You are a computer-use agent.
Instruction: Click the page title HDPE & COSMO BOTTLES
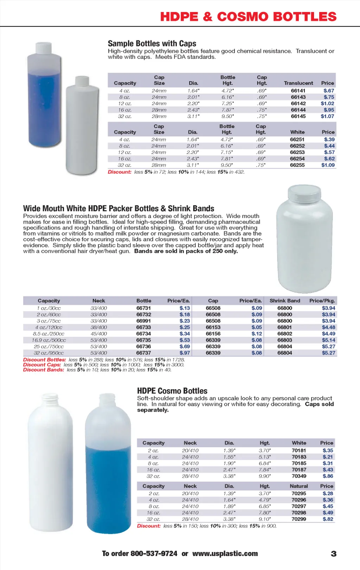point(248,17)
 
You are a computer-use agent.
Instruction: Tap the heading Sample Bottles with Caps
point(152,44)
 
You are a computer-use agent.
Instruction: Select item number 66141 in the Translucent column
point(298,91)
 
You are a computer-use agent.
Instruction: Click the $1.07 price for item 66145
point(327,116)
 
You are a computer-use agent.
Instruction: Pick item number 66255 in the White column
point(297,165)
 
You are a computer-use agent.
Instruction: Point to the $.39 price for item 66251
point(329,140)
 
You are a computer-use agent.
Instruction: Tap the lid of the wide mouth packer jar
point(304,192)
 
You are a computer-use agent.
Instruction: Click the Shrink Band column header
point(285,301)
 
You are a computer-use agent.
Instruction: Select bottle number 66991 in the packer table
point(144,321)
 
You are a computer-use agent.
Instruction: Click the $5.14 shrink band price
point(328,340)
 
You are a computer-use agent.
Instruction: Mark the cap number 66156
point(213,334)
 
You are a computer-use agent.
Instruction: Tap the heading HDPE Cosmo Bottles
point(172,391)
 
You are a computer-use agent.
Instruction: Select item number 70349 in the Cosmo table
point(299,476)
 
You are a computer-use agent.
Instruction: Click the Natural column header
point(299,486)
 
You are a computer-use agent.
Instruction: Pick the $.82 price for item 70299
point(328,519)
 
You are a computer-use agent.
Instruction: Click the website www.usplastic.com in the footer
point(225,553)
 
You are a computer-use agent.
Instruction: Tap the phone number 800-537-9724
point(154,553)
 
